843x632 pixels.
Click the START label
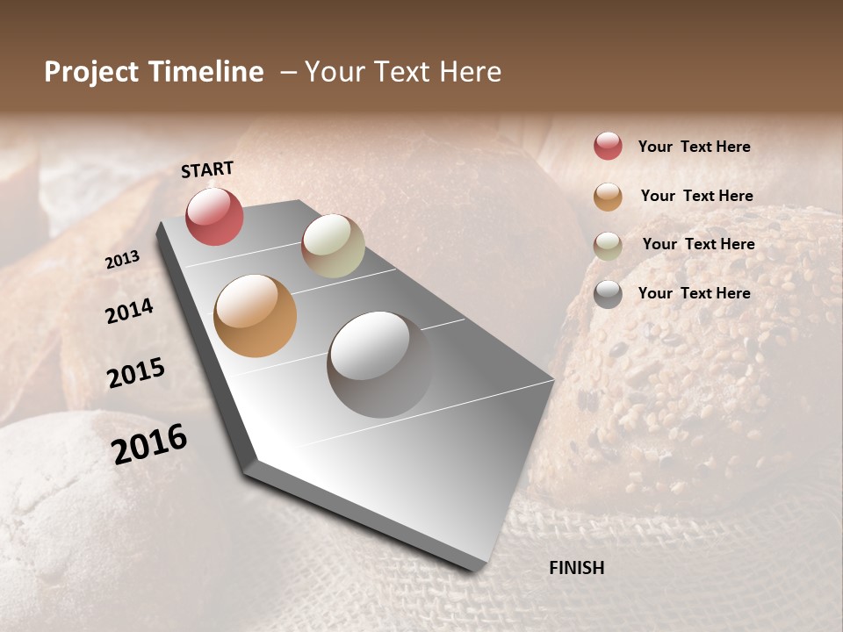pos(207,169)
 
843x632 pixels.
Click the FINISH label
pos(576,568)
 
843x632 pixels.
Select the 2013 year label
pos(123,260)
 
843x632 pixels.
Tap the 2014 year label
pos(130,311)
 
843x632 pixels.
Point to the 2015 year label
pos(136,373)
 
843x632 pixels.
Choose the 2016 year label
pos(149,444)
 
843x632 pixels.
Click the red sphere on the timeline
pos(214,217)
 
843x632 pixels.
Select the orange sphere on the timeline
pos(255,316)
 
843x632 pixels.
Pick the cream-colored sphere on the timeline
pos(333,246)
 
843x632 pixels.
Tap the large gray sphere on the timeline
pos(379,364)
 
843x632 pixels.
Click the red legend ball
pos(608,146)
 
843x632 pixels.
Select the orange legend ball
pos(608,197)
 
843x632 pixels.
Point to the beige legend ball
pos(608,246)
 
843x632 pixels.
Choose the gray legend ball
pos(608,294)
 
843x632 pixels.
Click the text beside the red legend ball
pos(694,147)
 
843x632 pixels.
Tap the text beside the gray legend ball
pos(694,293)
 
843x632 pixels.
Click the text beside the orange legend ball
pos(696,196)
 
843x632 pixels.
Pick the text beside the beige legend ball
pos(698,244)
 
